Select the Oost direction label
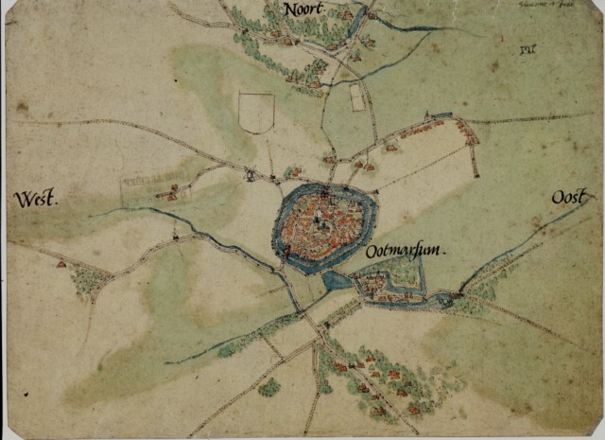tap(570, 198)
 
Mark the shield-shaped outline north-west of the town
tap(256, 112)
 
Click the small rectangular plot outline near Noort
tap(357, 97)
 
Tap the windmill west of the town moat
tap(249, 174)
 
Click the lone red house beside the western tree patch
tap(62, 265)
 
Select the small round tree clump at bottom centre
tap(270, 387)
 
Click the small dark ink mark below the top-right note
tap(527, 48)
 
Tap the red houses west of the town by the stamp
tap(170, 192)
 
